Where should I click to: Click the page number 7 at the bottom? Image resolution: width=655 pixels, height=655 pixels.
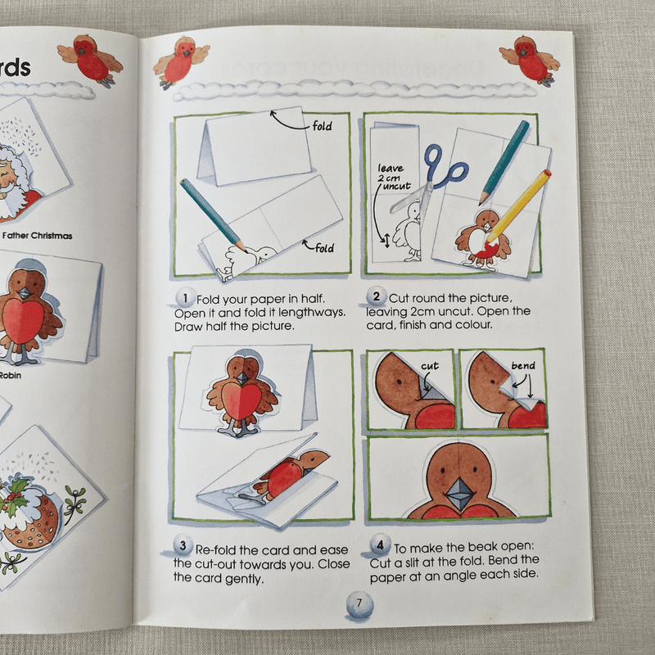pyautogui.click(x=357, y=605)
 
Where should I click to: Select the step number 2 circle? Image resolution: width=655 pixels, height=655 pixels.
pyautogui.click(x=377, y=296)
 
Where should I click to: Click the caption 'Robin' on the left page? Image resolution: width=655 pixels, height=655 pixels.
pyautogui.click(x=10, y=377)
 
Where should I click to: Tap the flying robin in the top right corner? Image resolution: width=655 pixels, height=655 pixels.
pyautogui.click(x=529, y=60)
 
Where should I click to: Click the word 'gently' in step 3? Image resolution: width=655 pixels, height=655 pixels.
pyautogui.click(x=244, y=578)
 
